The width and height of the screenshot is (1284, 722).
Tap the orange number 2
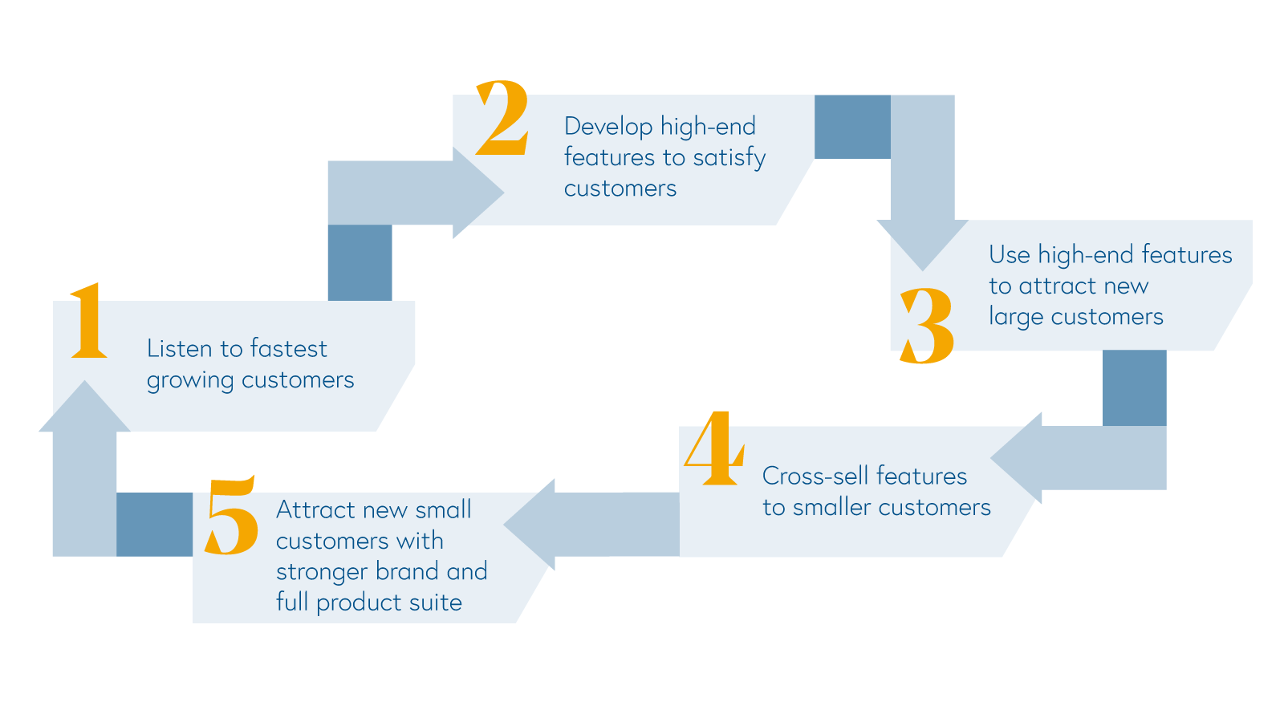tap(503, 118)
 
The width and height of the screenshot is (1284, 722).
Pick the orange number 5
tap(231, 515)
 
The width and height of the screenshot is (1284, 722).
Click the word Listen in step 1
tap(179, 348)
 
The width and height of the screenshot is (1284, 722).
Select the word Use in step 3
tap(1009, 255)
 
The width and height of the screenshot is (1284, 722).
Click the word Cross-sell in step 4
tap(811, 477)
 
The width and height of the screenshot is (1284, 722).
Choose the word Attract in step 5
tap(315, 510)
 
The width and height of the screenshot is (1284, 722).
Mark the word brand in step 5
tap(407, 572)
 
